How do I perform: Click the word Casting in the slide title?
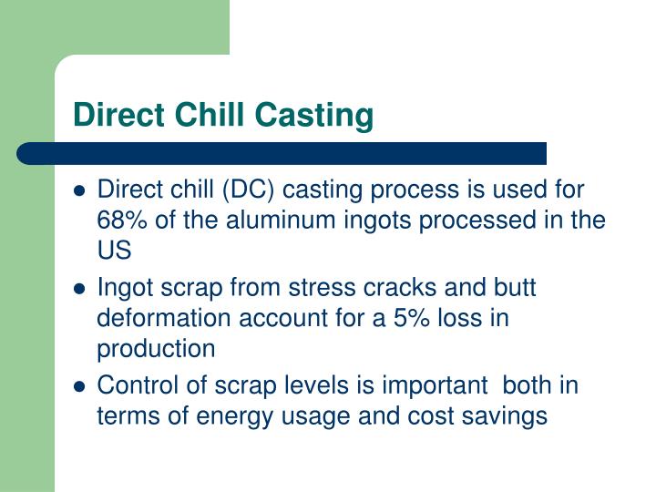317,116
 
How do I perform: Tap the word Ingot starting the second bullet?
126,288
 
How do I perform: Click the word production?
156,350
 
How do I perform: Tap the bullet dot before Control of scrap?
79,386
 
